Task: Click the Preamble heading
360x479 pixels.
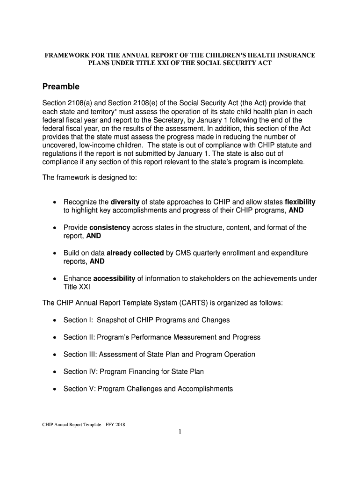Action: pos(61,87)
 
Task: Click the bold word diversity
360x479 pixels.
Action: pos(125,202)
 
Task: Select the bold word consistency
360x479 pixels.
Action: pos(109,228)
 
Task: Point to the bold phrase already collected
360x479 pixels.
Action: pos(135,253)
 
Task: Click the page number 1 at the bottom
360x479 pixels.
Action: pos(180,432)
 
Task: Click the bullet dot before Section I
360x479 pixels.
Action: pos(55,320)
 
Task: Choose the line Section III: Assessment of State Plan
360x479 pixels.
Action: pos(159,355)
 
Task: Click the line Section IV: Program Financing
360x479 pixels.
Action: pos(133,371)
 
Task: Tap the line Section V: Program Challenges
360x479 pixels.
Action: pos(148,389)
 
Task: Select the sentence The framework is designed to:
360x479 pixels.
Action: pos(89,178)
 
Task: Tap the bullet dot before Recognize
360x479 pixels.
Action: pos(55,202)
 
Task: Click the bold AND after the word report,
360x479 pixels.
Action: pos(94,236)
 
